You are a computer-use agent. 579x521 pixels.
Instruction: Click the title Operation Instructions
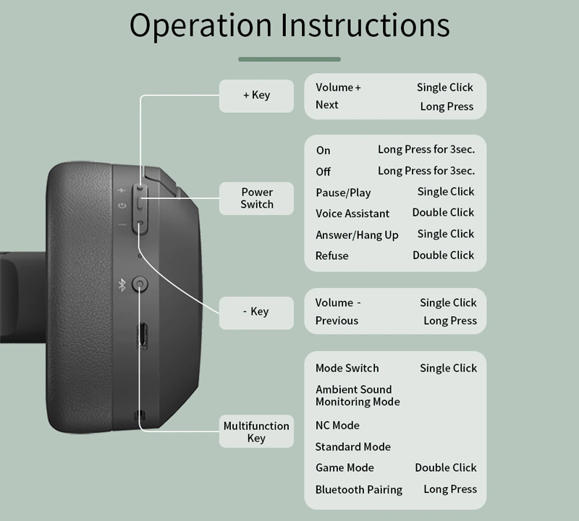click(x=289, y=25)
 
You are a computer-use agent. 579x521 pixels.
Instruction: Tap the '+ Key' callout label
click(x=256, y=96)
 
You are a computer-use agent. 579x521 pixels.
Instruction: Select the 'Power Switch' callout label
click(x=256, y=198)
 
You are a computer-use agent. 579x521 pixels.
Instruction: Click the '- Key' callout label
click(x=256, y=313)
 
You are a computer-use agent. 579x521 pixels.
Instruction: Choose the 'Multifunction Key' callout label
click(x=256, y=431)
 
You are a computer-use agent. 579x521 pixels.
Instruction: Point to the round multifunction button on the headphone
click(x=140, y=284)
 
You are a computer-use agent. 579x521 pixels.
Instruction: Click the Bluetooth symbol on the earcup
click(x=122, y=284)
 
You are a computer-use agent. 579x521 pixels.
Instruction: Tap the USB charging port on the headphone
click(x=143, y=336)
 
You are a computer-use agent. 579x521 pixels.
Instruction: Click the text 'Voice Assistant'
click(x=352, y=213)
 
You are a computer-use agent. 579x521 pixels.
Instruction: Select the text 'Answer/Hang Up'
click(x=357, y=235)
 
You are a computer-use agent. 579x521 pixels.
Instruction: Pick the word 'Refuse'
click(x=331, y=255)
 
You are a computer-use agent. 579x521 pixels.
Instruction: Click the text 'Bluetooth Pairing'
click(x=359, y=490)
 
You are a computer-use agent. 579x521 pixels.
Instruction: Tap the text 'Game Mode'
click(x=345, y=468)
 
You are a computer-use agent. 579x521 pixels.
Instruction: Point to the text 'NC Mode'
click(x=337, y=425)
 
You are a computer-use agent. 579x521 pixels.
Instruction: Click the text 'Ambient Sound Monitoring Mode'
click(x=358, y=396)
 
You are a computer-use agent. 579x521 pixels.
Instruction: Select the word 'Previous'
click(x=337, y=321)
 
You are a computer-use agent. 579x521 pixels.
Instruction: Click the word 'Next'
click(x=327, y=105)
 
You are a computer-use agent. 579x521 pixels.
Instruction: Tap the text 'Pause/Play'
click(x=343, y=192)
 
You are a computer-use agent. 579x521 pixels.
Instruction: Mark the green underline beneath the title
click(x=289, y=59)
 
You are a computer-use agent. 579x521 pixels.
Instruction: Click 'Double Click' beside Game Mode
click(x=446, y=468)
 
